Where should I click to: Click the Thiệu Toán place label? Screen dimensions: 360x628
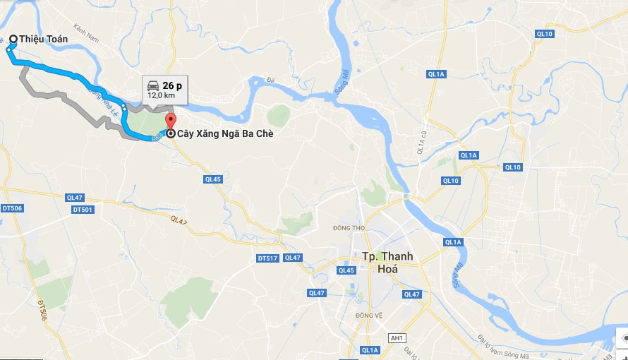click(x=44, y=40)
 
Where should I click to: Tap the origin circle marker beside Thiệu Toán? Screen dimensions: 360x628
click(x=13, y=39)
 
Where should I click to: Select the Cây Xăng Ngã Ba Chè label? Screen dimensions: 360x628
click(x=224, y=133)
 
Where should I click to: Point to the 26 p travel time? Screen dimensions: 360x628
click(x=172, y=85)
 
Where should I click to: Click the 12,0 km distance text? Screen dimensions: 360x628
click(x=161, y=95)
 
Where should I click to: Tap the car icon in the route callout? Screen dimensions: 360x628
click(x=153, y=85)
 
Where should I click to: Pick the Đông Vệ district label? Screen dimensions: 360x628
click(x=368, y=316)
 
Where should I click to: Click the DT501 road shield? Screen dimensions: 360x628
click(x=83, y=210)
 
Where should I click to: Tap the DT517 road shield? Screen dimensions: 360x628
click(x=268, y=259)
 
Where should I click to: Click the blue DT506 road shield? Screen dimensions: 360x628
click(x=12, y=208)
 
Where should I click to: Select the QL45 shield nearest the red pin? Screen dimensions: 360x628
click(x=212, y=179)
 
